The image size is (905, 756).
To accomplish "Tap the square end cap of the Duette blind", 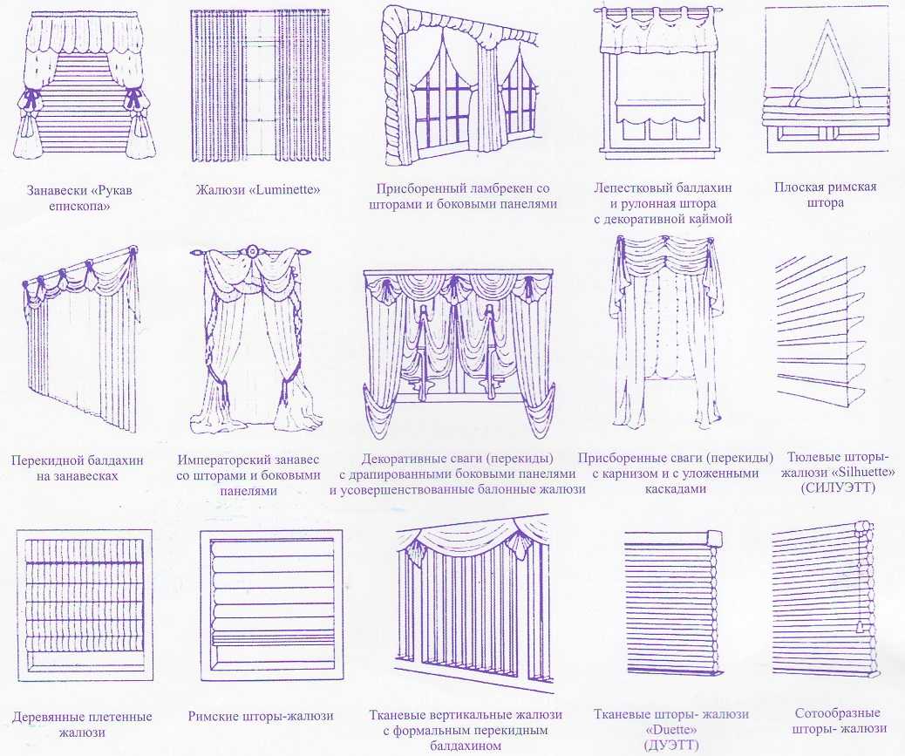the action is coord(714,538).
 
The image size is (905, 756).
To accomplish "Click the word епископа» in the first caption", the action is coord(81,206).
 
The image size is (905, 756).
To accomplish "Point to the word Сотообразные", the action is coord(838,713).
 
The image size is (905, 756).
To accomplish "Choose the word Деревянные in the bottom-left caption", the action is coord(51,717).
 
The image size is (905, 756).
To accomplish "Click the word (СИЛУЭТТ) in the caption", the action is coord(838,487).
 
